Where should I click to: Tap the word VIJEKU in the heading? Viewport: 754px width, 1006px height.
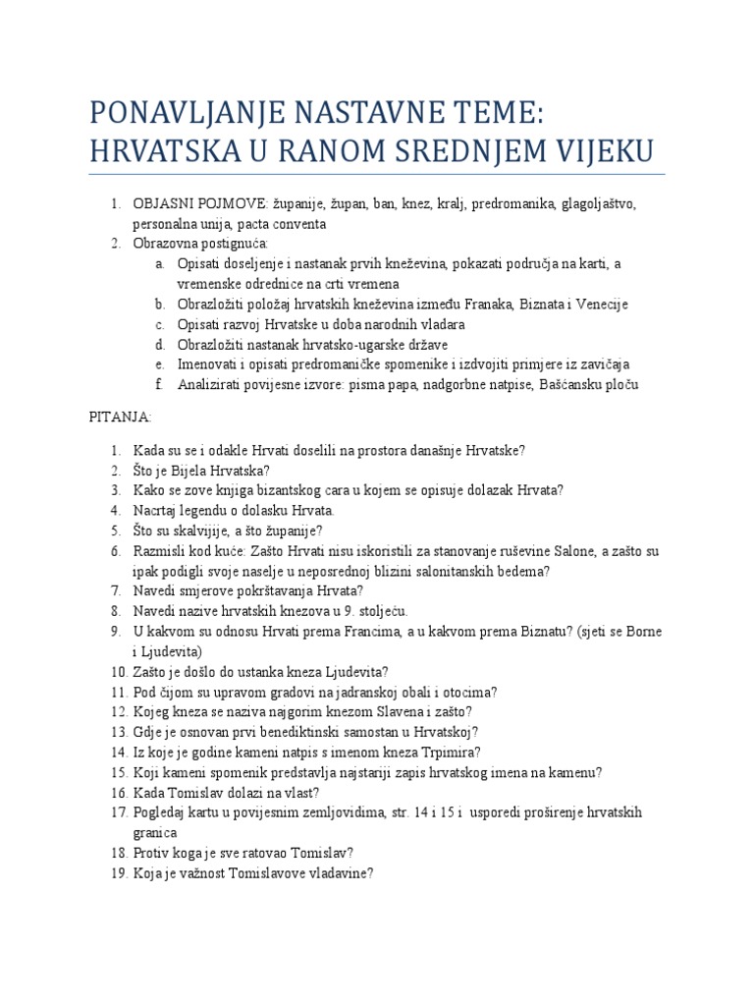pos(587,151)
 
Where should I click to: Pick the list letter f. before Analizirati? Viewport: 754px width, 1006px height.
pos(159,384)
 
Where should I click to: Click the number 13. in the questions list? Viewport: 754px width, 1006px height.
pos(120,732)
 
